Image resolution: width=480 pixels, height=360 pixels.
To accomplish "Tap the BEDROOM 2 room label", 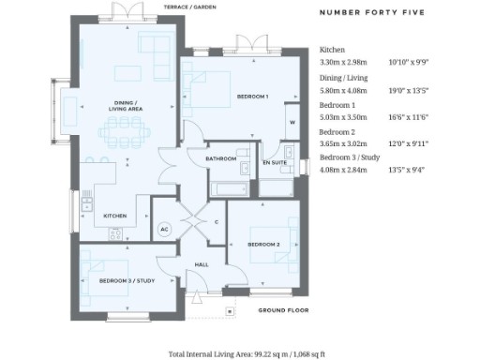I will (x=263, y=244).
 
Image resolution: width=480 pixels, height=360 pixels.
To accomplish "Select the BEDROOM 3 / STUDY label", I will (x=117, y=280).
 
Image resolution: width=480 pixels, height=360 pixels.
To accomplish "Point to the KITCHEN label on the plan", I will (x=115, y=216).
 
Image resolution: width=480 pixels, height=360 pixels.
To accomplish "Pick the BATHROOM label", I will (x=221, y=158).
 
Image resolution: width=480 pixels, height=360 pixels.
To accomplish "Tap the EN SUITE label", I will (x=275, y=163).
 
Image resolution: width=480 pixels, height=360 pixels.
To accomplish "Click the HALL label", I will (x=201, y=265).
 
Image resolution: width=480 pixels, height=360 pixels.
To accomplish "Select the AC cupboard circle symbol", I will (x=164, y=228).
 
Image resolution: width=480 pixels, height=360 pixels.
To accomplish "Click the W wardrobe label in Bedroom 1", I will (x=292, y=123).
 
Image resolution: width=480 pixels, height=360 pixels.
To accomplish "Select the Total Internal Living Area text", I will (x=240, y=353).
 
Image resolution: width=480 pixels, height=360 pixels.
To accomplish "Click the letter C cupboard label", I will (x=217, y=221).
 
